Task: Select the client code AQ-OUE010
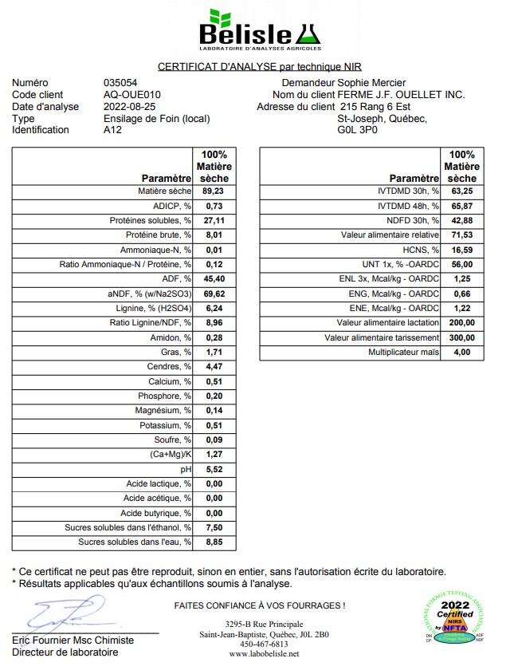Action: click(129, 94)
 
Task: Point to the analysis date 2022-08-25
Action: click(131, 106)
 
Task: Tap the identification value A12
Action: click(113, 129)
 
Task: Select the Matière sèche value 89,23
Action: click(213, 191)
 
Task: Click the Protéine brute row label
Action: click(159, 235)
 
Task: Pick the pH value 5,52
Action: click(214, 469)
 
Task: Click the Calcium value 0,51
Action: click(214, 381)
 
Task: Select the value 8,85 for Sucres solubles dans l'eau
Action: click(214, 542)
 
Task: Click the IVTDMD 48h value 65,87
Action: click(461, 206)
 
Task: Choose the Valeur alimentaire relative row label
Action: click(390, 235)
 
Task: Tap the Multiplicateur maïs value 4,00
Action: click(461, 352)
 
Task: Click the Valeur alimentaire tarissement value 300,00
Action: click(461, 337)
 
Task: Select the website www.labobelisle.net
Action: click(264, 654)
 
